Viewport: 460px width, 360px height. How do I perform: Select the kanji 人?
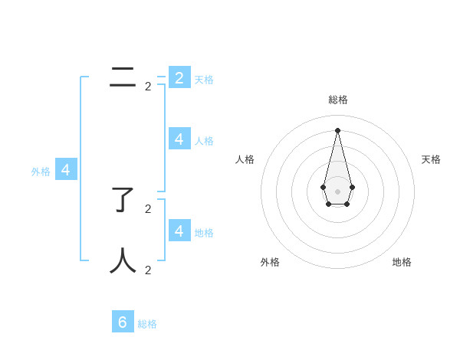(123, 260)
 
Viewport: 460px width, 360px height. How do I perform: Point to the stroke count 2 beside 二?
(148, 87)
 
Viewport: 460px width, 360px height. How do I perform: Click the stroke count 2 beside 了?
(148, 208)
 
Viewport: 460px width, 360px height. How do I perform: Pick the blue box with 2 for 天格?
(179, 77)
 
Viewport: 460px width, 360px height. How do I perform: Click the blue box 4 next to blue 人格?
(179, 139)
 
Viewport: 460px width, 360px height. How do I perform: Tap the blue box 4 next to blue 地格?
(179, 230)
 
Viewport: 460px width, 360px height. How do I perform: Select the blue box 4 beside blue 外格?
(66, 170)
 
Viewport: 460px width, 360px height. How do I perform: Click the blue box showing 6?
(123, 322)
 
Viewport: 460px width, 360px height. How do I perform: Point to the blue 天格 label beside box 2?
(204, 80)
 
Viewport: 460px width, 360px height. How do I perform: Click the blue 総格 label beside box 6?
(147, 324)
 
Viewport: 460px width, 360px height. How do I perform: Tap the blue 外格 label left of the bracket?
(41, 172)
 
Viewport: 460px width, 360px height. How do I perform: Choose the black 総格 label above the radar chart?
(338, 100)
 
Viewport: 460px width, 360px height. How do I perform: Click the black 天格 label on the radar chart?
(431, 159)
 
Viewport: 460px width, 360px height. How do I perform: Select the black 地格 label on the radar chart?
(402, 262)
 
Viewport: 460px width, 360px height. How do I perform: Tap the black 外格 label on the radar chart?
(270, 262)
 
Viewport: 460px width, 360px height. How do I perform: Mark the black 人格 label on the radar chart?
(245, 159)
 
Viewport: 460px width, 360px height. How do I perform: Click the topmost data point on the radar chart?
(337, 130)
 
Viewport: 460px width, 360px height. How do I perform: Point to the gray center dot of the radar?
(337, 191)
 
